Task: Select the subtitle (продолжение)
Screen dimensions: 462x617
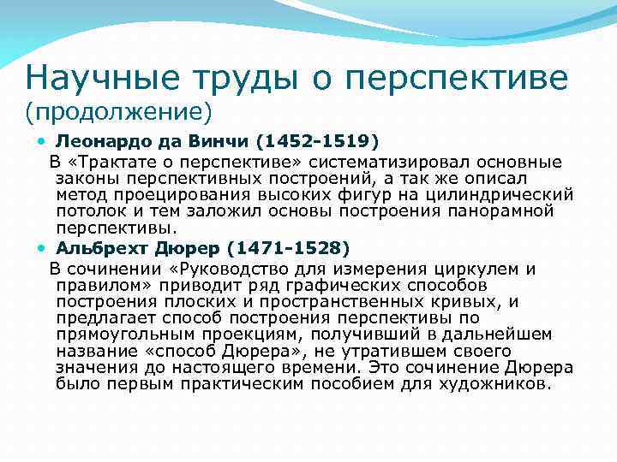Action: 118,111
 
